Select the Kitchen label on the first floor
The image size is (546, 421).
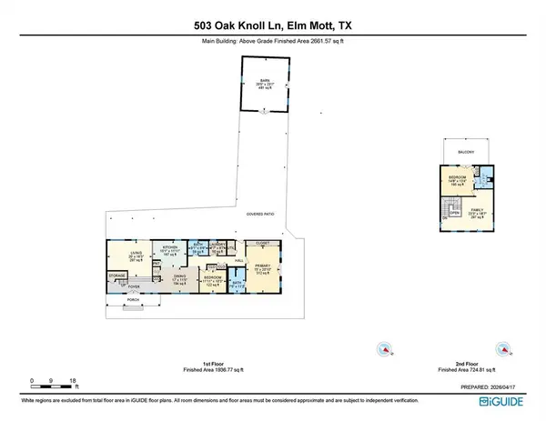[170, 246]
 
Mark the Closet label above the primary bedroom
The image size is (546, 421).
[263, 244]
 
